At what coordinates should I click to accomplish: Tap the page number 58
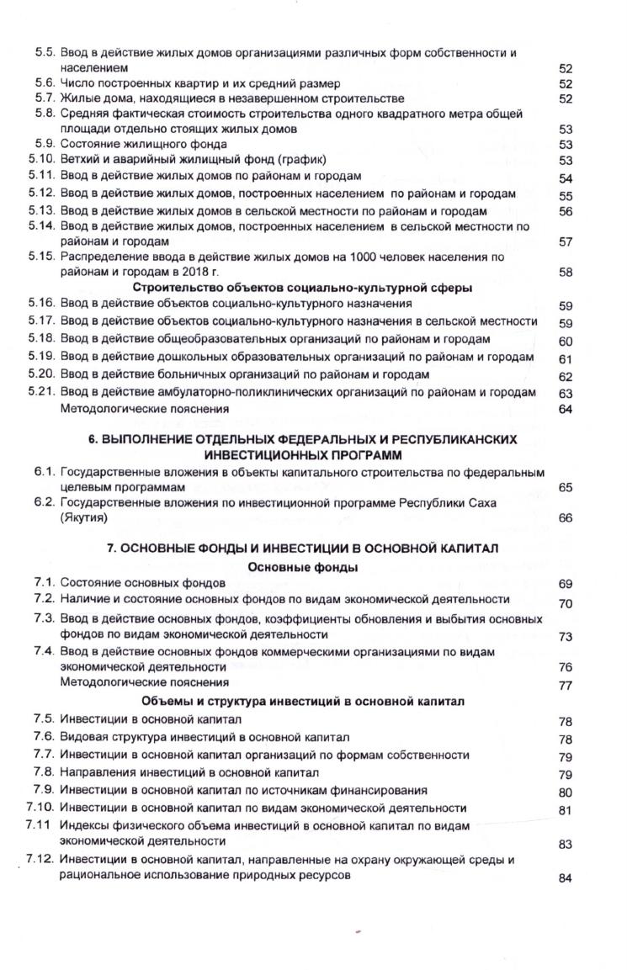coord(566,272)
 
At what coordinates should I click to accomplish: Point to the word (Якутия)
coord(85,517)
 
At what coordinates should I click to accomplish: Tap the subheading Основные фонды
coord(303,566)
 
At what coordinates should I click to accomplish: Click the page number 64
coord(566,409)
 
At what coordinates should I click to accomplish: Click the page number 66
coord(566,518)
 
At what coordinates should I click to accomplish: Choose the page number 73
coord(566,636)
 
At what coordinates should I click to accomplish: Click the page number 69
coord(566,583)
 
